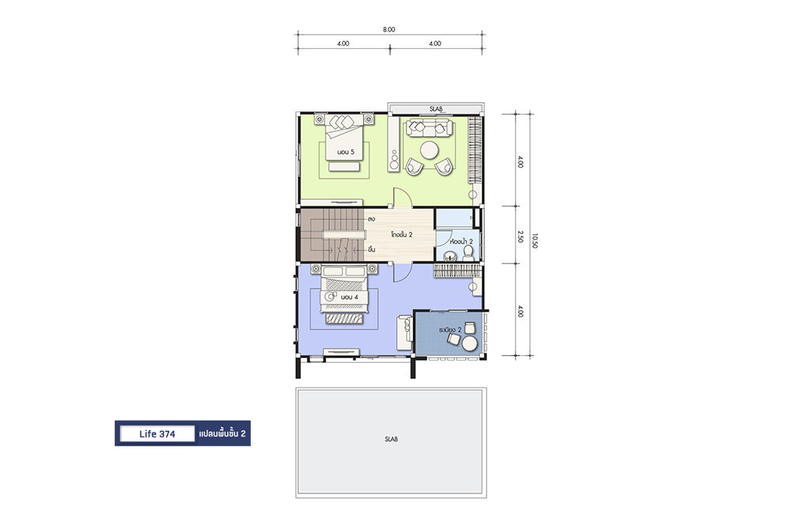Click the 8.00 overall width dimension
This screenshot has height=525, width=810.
pos(389,29)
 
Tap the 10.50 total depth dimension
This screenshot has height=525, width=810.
pos(535,240)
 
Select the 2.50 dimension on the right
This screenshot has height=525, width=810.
pos(520,236)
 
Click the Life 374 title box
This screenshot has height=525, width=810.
pos(157,433)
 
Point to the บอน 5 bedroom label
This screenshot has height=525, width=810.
pos(346,153)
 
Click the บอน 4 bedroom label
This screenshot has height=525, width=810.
pos(349,297)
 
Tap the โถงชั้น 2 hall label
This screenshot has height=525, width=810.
pos(401,234)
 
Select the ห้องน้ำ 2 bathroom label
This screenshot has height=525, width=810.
pos(461,242)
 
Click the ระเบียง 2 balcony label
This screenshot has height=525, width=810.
pos(450,330)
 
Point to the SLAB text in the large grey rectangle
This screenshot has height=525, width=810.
pos(391,440)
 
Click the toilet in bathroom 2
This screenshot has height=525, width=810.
pos(468,252)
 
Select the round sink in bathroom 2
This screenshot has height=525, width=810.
pos(449,255)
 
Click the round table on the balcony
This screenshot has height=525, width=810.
pos(470,344)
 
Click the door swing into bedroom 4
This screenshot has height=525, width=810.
pos(403,273)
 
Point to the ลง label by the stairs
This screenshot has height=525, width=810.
pos(372,219)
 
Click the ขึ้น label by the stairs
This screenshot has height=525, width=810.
pos(372,250)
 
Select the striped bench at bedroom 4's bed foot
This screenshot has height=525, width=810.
pos(343,319)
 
